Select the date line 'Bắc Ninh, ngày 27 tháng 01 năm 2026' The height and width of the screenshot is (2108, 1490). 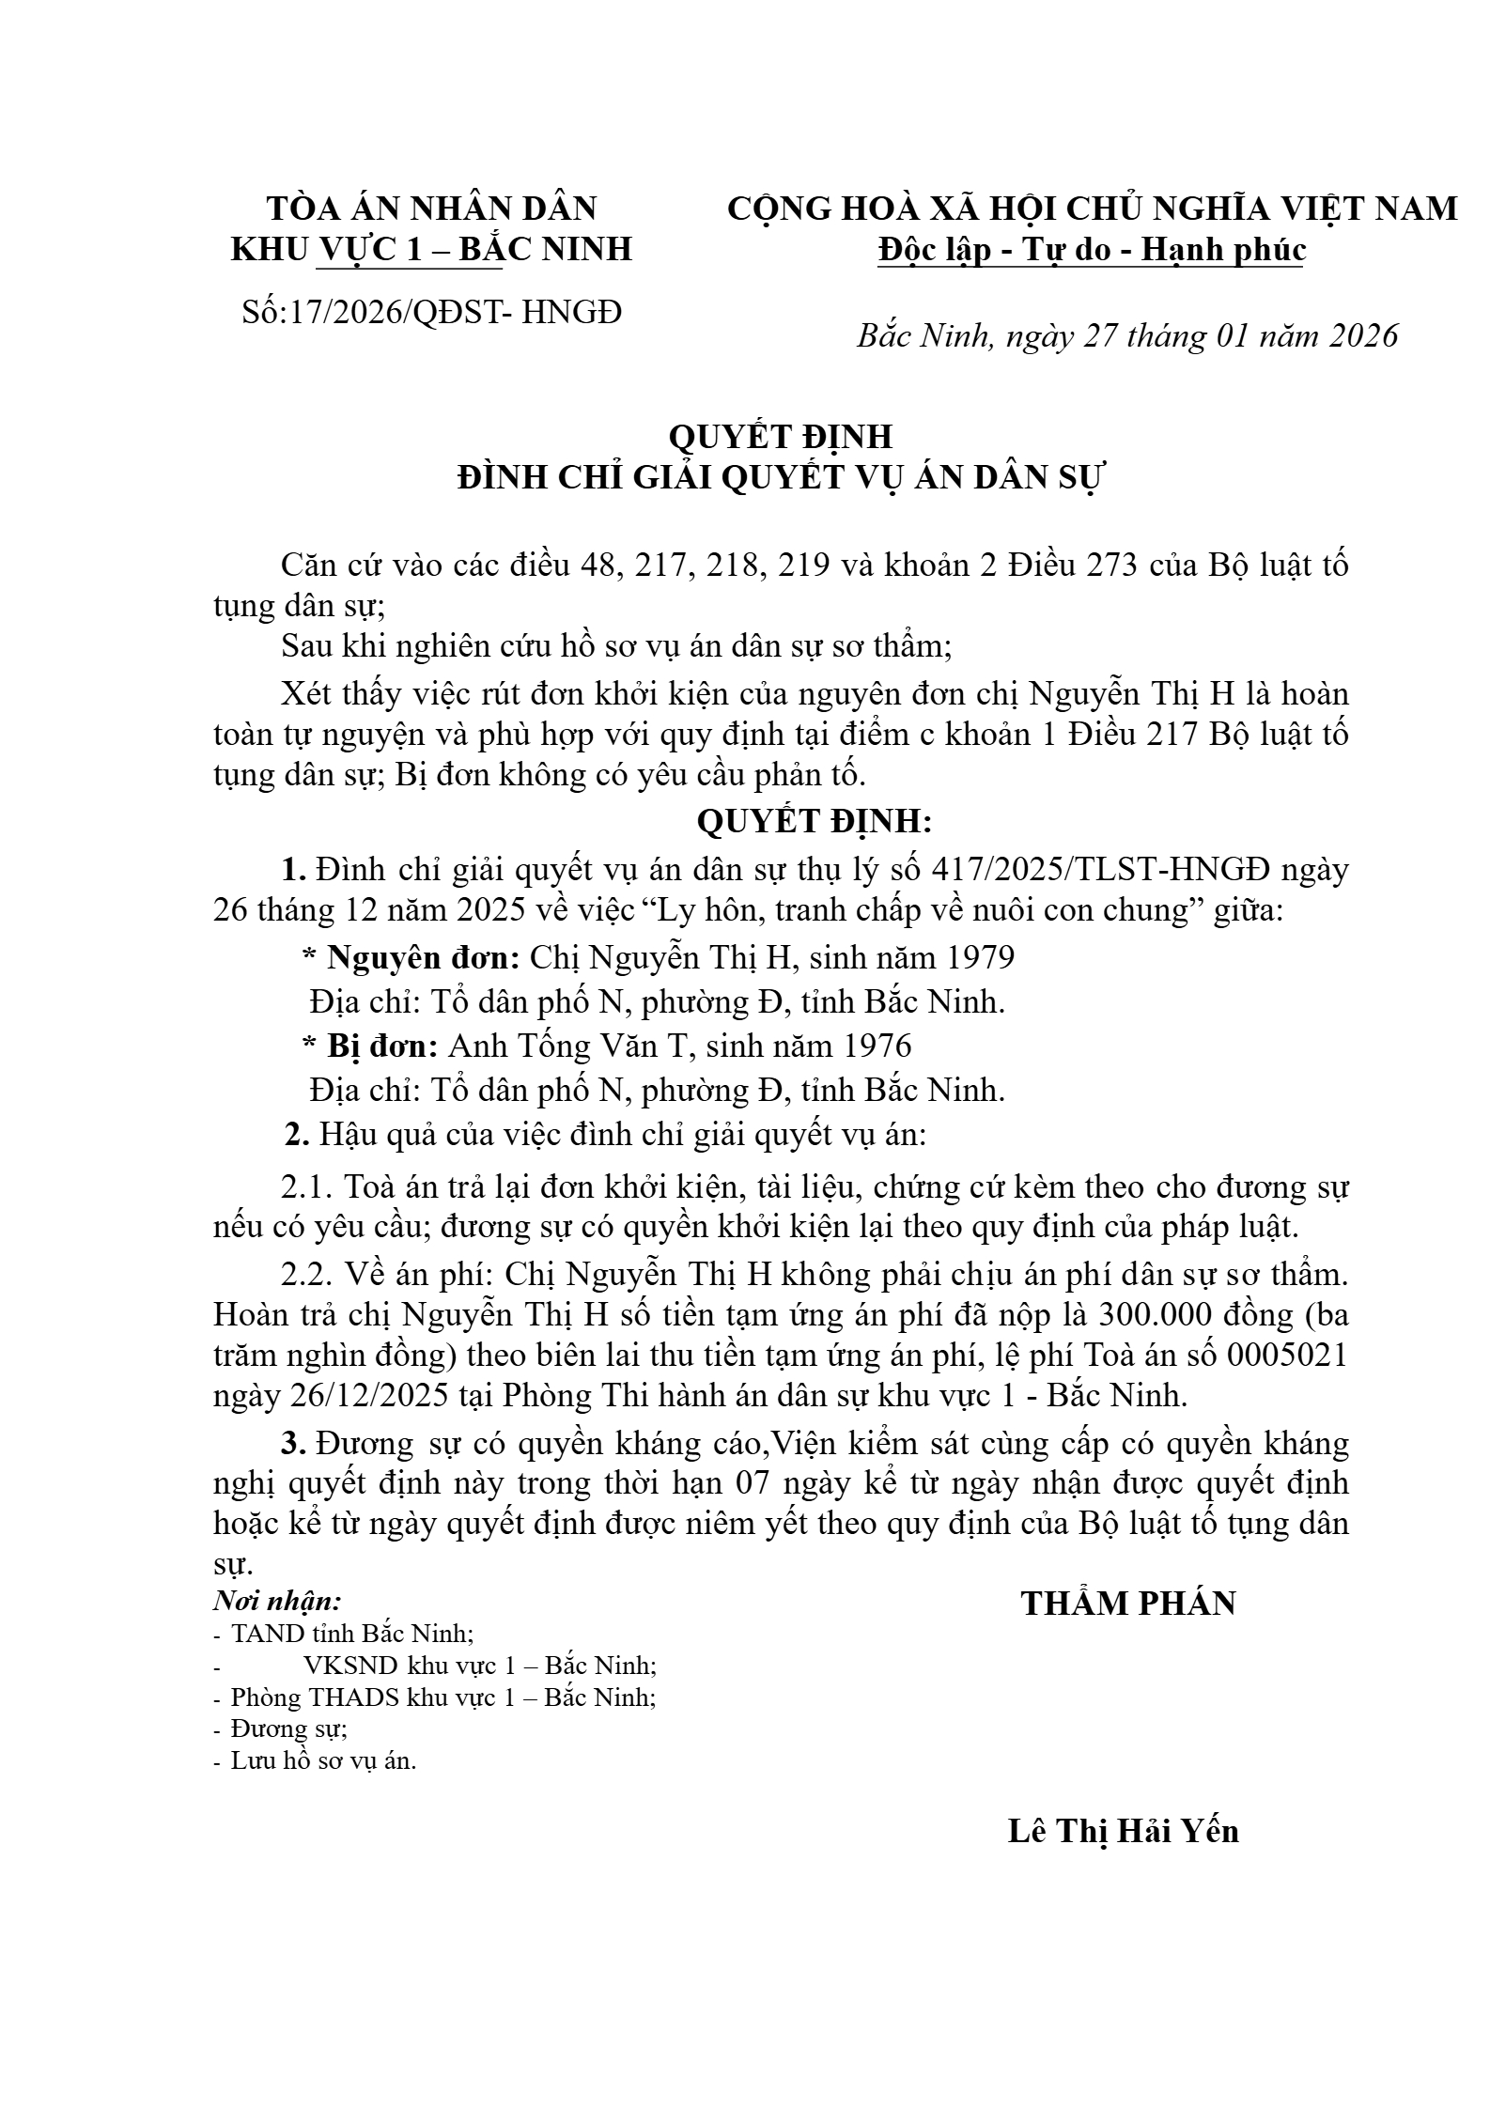tap(1127, 335)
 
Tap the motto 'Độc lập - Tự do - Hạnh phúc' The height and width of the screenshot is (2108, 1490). tap(1091, 250)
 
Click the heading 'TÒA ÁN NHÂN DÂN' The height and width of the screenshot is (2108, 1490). tap(432, 208)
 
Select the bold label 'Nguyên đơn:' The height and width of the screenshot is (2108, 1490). tap(423, 957)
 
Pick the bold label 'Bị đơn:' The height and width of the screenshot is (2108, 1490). tap(381, 1046)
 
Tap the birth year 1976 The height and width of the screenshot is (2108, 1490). tap(877, 1046)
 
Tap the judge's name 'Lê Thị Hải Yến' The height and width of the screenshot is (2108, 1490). tap(1123, 1831)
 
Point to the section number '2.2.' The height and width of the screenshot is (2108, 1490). tap(306, 1276)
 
